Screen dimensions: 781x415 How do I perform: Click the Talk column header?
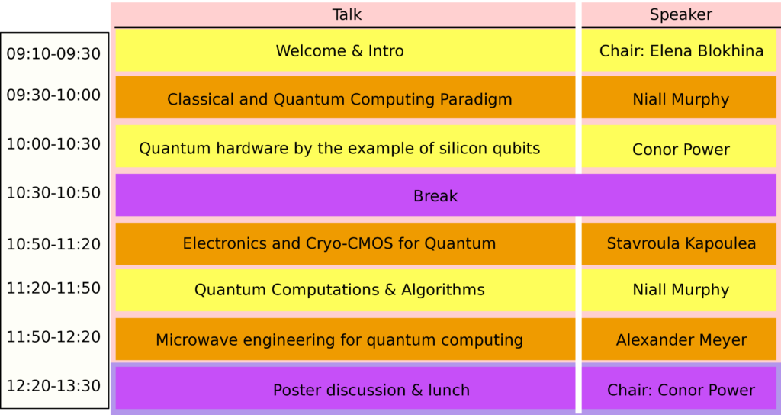(x=347, y=14)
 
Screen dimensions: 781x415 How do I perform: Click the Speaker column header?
(x=681, y=15)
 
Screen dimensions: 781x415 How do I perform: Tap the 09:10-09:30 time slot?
(x=54, y=54)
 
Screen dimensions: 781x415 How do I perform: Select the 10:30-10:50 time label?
(x=54, y=193)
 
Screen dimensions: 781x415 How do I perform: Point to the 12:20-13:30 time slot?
(x=54, y=386)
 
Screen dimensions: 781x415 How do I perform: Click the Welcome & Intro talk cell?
(x=346, y=50)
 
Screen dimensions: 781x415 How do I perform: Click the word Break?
(x=435, y=196)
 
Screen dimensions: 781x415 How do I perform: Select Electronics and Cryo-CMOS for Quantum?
(x=339, y=243)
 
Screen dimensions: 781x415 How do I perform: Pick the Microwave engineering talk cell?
(x=346, y=339)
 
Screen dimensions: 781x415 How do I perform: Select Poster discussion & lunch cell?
(x=346, y=388)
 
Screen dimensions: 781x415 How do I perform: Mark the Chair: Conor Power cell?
(x=679, y=388)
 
